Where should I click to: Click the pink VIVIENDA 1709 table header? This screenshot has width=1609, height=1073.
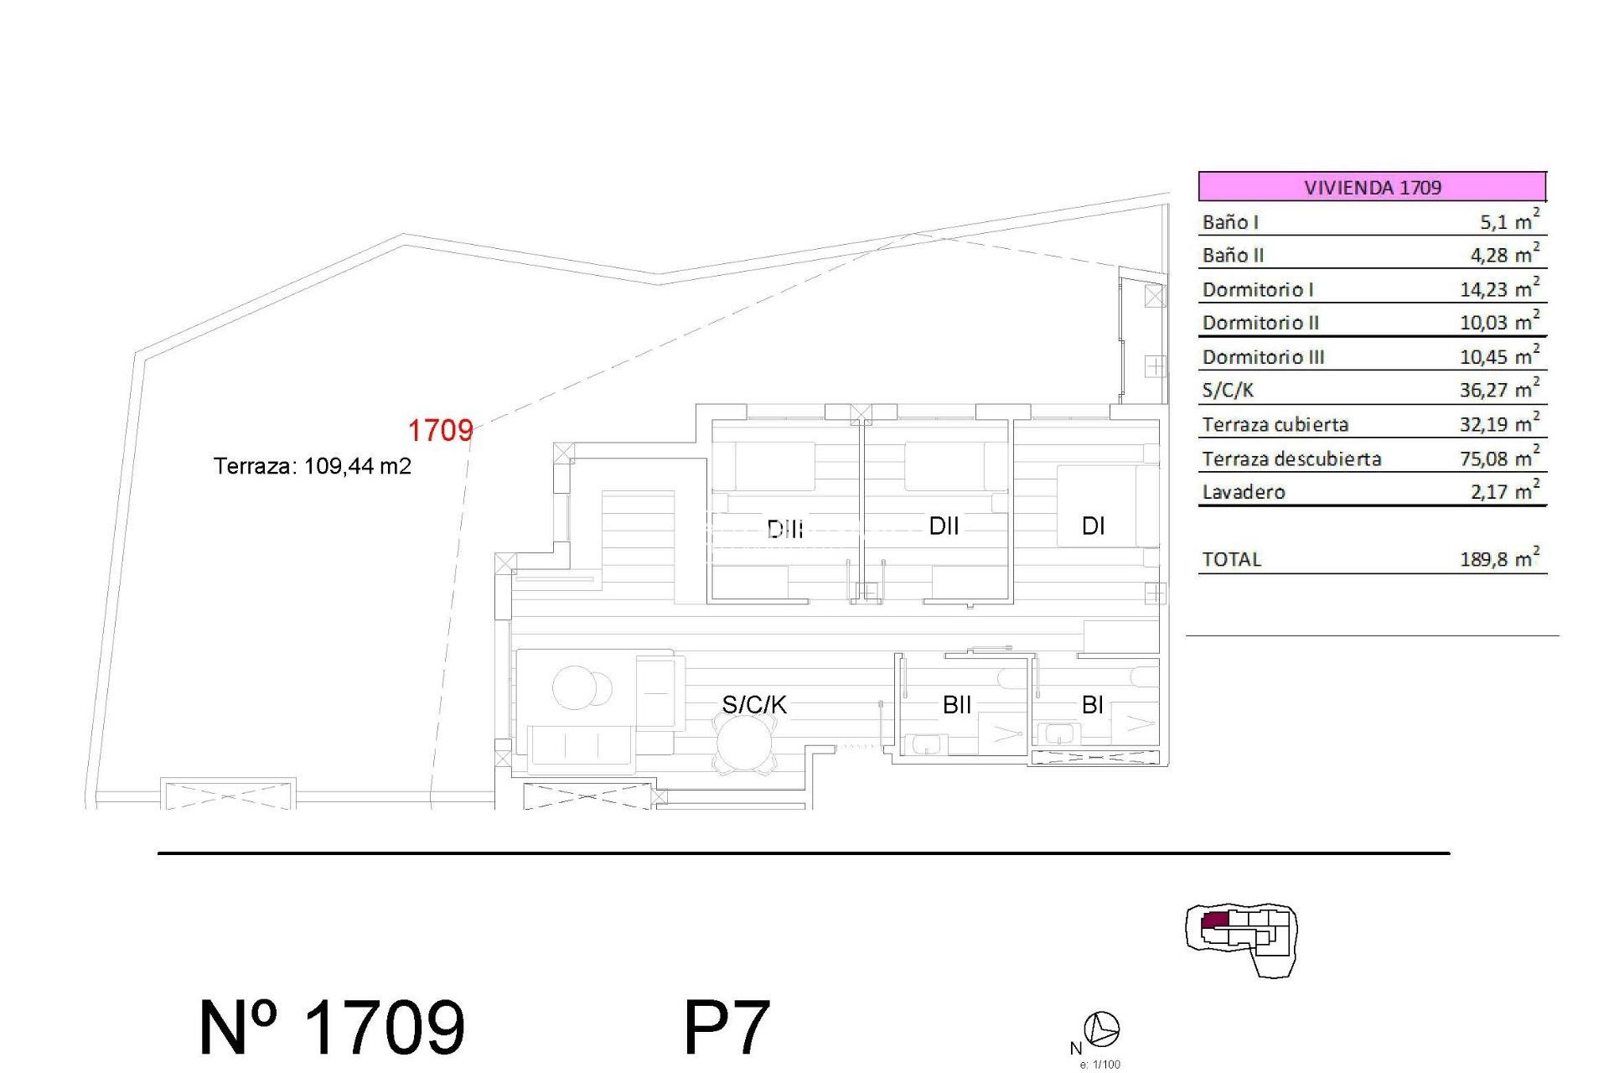[x=1372, y=186]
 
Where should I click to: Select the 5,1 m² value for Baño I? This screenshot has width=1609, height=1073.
[x=1508, y=221]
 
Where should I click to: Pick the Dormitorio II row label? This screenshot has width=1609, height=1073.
[x=1260, y=323]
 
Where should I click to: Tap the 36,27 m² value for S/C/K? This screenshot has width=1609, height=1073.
[x=1499, y=390]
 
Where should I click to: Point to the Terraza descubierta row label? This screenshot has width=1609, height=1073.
[x=1291, y=459]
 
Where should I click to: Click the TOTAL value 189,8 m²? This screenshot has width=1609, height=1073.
[x=1499, y=559]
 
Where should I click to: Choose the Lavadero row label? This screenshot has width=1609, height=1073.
[x=1244, y=492]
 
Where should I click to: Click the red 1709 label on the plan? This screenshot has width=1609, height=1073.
[x=440, y=430]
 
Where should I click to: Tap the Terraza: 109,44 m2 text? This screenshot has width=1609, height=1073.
[x=312, y=466]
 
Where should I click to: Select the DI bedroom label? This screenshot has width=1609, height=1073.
[x=1094, y=526]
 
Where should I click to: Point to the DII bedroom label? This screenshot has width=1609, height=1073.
[x=944, y=526]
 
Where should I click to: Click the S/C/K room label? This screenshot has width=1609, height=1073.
[x=754, y=704]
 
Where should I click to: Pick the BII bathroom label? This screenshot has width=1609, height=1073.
[x=957, y=704]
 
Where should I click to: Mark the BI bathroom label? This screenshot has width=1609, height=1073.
[x=1092, y=704]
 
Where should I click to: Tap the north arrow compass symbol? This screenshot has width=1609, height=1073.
[x=1101, y=1029]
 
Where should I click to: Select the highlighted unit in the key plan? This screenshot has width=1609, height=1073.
[x=1215, y=920]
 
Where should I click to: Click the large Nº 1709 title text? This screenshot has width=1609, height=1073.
[x=332, y=1027]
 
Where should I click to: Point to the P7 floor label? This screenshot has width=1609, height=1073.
[x=727, y=1027]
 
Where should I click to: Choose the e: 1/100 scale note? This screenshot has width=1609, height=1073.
[x=1099, y=1065]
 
